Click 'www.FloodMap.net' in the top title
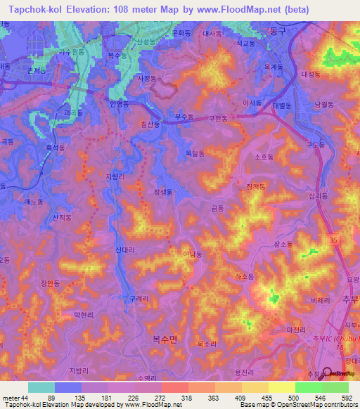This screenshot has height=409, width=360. click(270, 9)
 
